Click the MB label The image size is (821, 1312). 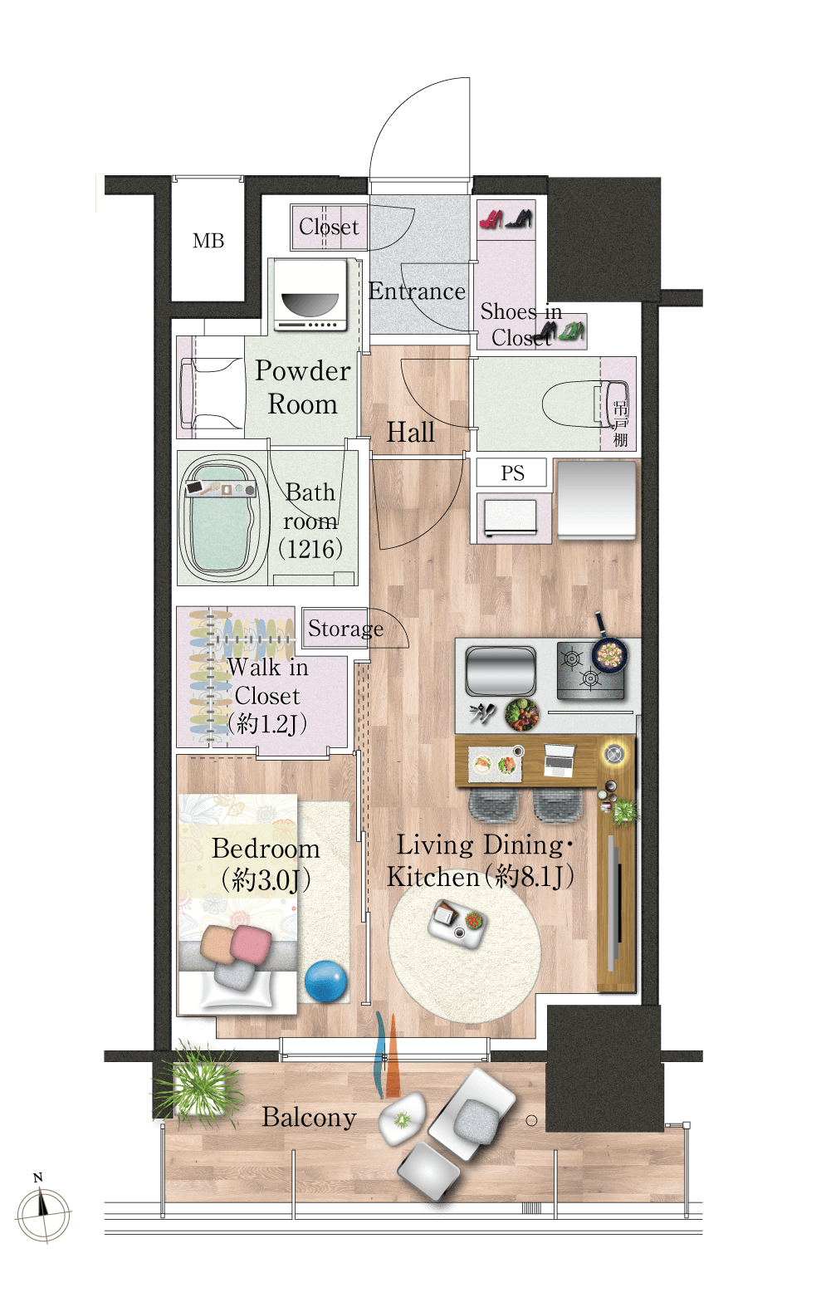[x=208, y=240]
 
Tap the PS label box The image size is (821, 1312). [x=511, y=472]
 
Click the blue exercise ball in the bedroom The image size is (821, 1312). [x=325, y=981]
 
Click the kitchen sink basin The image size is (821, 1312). [x=501, y=671]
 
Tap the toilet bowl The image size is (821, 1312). [x=584, y=404]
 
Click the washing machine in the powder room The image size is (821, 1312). [x=310, y=295]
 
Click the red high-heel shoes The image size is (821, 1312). [x=491, y=220]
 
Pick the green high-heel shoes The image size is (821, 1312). [x=571, y=331]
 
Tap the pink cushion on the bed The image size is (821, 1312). [x=251, y=945]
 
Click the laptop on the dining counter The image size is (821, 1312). [x=560, y=760]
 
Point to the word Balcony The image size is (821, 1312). [x=309, y=1118]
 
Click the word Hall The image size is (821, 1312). [x=410, y=433]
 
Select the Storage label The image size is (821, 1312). [x=345, y=629]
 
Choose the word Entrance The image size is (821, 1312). [x=417, y=291]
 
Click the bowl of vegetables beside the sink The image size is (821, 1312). [x=522, y=715]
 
